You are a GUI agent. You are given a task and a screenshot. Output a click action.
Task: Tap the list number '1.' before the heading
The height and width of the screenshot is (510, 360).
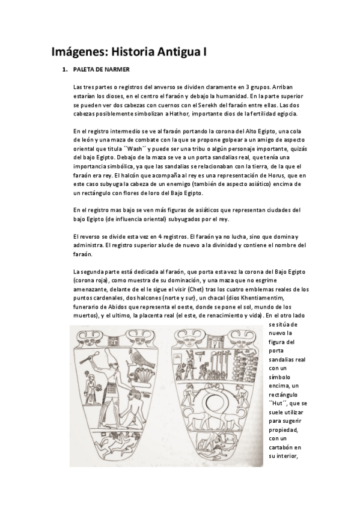pos(65,70)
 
